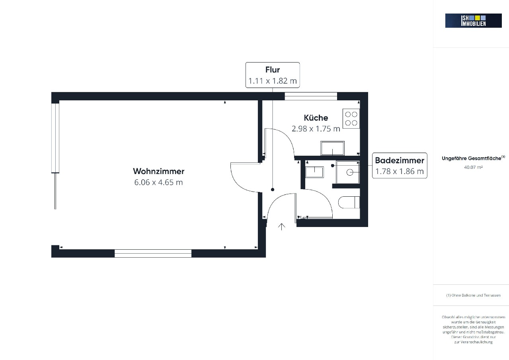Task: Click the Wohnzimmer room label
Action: click(x=159, y=171)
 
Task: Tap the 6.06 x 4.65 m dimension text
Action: click(x=159, y=182)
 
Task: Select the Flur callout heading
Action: click(x=273, y=70)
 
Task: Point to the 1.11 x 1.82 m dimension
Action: click(x=273, y=81)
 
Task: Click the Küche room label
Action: click(x=316, y=117)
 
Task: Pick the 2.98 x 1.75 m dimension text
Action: click(x=316, y=129)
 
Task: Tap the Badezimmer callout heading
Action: click(x=400, y=160)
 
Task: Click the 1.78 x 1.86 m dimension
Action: click(x=400, y=171)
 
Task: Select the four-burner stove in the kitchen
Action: click(x=351, y=119)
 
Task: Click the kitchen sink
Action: click(x=332, y=148)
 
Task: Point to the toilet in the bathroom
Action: click(x=349, y=202)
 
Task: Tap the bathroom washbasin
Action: click(x=314, y=172)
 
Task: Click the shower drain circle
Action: click(x=350, y=172)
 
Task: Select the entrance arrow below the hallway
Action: click(x=281, y=227)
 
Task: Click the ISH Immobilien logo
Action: click(x=473, y=21)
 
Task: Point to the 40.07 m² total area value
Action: click(x=473, y=167)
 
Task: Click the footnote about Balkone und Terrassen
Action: click(x=473, y=295)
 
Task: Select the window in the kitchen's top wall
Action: click(x=311, y=96)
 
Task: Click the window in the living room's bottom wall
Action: click(x=153, y=253)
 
